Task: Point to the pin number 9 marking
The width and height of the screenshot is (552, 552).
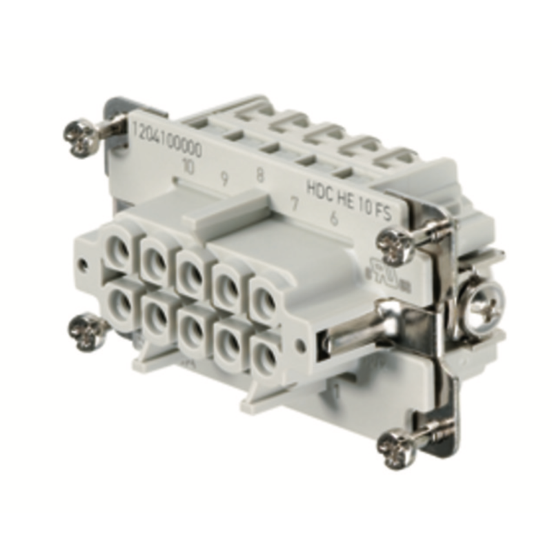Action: pyautogui.click(x=224, y=179)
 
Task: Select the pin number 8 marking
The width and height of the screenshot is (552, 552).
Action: pyautogui.click(x=259, y=175)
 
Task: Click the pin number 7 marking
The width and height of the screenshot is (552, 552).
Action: pyautogui.click(x=295, y=205)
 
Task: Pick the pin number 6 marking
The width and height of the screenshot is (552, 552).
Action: pyautogui.click(x=333, y=219)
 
